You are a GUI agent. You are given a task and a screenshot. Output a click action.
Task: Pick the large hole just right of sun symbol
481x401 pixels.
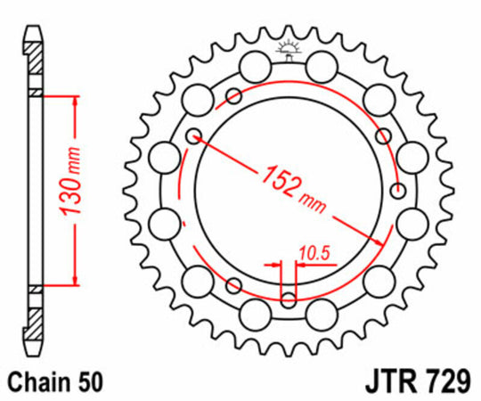tap(320, 64)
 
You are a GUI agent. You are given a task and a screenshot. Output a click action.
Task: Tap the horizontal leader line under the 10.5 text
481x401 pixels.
tap(316, 265)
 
